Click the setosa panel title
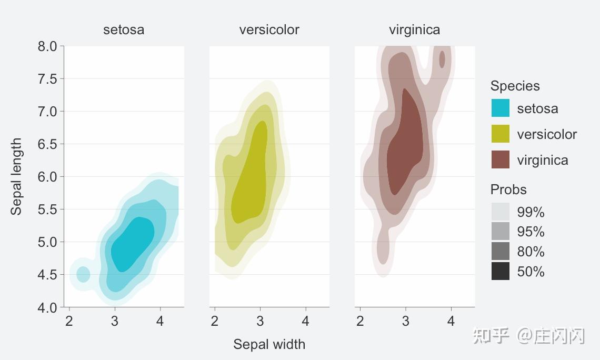point(124,29)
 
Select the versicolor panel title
point(269,29)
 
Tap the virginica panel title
point(414,29)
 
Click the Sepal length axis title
point(17,177)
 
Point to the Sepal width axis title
point(269,344)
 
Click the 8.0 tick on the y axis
point(47,46)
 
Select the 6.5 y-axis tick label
point(47,144)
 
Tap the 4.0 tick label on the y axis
point(47,307)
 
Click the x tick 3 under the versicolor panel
point(260,321)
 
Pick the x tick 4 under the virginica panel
point(451,321)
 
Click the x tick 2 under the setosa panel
point(69,321)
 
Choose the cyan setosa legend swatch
point(500,108)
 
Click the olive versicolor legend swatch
point(500,134)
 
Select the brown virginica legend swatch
point(500,159)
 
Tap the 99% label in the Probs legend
point(531,212)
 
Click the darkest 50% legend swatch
point(500,271)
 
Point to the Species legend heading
point(515,86)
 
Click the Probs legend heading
point(508,189)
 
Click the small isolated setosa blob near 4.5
point(83,274)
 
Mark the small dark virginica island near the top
point(442,59)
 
